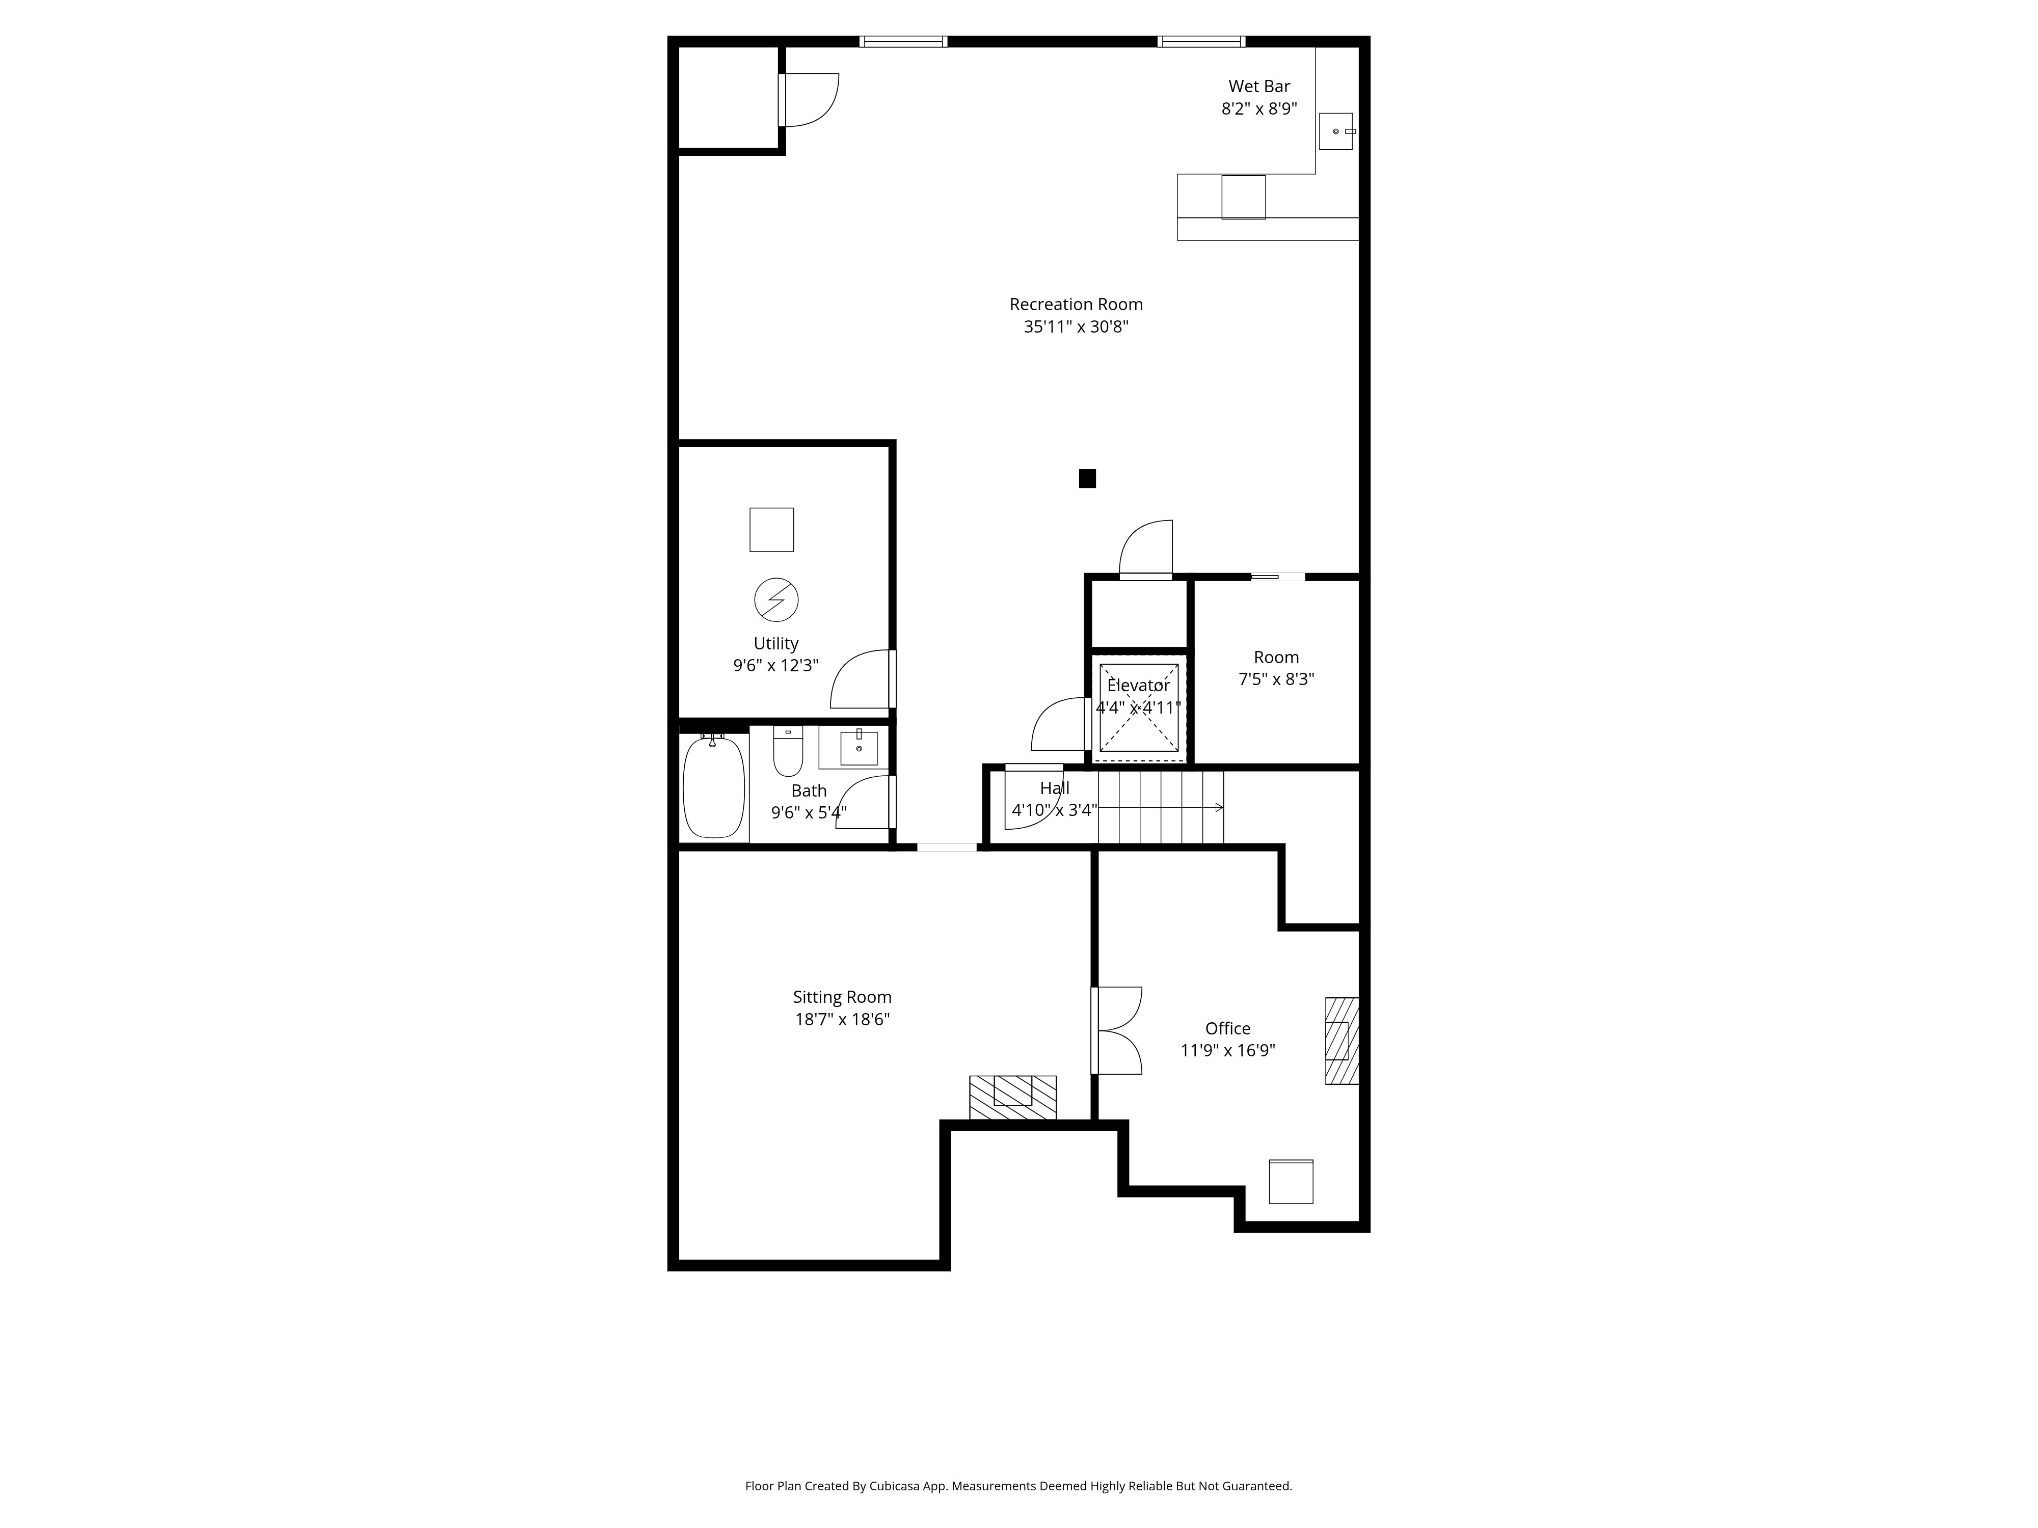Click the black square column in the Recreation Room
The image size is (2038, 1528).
(x=1087, y=478)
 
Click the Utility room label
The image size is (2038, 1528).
(x=776, y=644)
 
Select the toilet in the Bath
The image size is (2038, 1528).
(x=788, y=751)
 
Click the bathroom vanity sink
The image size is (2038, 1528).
(x=859, y=748)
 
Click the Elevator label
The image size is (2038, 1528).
(x=1139, y=685)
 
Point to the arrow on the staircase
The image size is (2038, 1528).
(x=1161, y=808)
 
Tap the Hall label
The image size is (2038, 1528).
(x=1055, y=788)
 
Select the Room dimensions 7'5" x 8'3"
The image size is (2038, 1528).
(x=1276, y=680)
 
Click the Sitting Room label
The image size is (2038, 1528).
(x=842, y=997)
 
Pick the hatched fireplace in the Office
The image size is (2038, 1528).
(x=1342, y=1041)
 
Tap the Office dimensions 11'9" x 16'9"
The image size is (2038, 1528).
(x=1228, y=1051)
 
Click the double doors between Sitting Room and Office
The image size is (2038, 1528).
(x=1117, y=1031)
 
